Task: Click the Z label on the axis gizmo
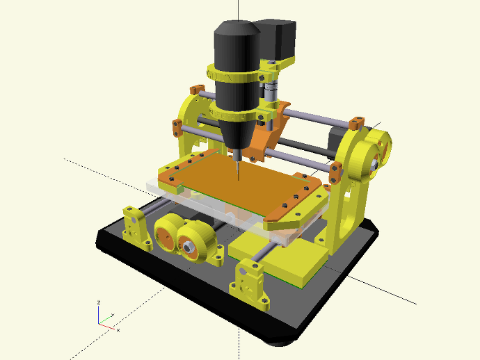point(99,302)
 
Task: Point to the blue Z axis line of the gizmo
point(99,313)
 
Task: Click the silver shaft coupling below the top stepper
point(271,90)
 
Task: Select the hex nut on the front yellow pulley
point(187,245)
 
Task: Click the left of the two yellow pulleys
point(167,234)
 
